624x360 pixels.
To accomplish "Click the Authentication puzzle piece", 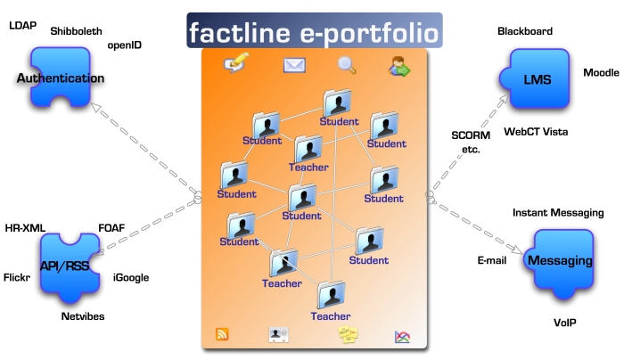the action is pyautogui.click(x=61, y=78).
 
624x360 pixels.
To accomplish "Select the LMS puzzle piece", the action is pyautogui.click(x=534, y=78).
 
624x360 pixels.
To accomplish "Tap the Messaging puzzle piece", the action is pyautogui.click(x=559, y=264).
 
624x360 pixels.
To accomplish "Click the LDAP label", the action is pyautogui.click(x=22, y=26).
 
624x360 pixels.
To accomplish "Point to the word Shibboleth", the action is pyautogui.click(x=76, y=31).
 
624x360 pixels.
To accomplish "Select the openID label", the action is pyautogui.click(x=125, y=45).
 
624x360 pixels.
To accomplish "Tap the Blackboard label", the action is pyautogui.click(x=525, y=31).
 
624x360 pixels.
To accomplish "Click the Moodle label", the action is pyautogui.click(x=601, y=72).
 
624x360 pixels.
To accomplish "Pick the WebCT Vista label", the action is pyautogui.click(x=536, y=132).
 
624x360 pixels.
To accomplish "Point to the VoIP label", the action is pyautogui.click(x=564, y=323).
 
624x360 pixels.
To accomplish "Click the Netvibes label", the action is pyautogui.click(x=83, y=316).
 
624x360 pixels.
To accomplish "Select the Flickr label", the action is pyautogui.click(x=17, y=277).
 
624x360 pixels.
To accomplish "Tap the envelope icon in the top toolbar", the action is pyautogui.click(x=294, y=65).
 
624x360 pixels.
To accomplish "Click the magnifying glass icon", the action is pyautogui.click(x=347, y=65).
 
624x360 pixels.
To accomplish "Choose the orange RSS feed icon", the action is pyautogui.click(x=222, y=334).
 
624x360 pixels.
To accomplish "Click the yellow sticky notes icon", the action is pyautogui.click(x=348, y=334).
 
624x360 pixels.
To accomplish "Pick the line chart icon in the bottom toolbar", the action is pyautogui.click(x=402, y=337).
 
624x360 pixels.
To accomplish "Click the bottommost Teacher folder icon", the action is pyautogui.click(x=331, y=295).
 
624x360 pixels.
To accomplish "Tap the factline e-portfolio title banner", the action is pyautogui.click(x=315, y=30).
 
